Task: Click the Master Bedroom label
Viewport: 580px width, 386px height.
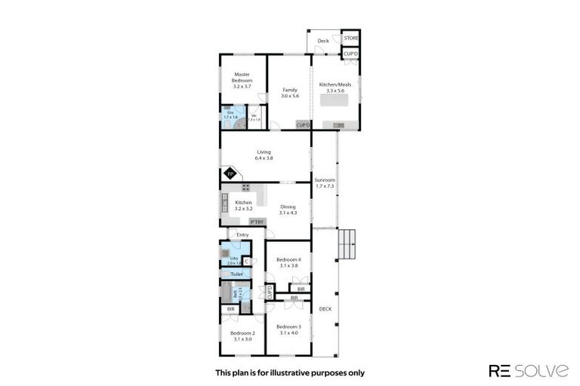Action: tap(242, 78)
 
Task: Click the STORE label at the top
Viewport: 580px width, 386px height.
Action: tap(350, 37)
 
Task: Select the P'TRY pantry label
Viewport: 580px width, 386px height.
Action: tap(258, 222)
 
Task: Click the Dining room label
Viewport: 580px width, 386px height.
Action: tap(288, 210)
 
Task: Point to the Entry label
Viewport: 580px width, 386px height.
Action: tap(242, 235)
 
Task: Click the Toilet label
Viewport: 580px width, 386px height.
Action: tap(236, 274)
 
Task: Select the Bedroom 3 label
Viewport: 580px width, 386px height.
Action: tap(289, 329)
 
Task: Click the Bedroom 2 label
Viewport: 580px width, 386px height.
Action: tap(242, 335)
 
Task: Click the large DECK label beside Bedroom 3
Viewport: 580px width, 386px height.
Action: tap(325, 309)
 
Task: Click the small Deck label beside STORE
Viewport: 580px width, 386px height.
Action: tap(323, 41)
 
